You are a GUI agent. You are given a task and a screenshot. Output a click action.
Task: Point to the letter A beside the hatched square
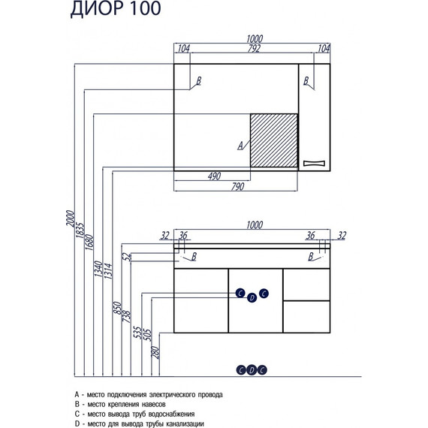click(x=240, y=146)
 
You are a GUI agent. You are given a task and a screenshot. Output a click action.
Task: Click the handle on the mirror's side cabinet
click(x=315, y=163)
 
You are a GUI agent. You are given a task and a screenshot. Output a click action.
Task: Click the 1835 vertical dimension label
click(x=79, y=231)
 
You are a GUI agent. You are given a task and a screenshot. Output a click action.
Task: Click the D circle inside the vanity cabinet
click(x=252, y=298)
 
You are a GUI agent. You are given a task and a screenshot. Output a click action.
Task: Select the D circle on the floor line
click(x=252, y=369)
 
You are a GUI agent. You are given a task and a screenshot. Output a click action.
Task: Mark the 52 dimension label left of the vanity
click(x=129, y=256)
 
